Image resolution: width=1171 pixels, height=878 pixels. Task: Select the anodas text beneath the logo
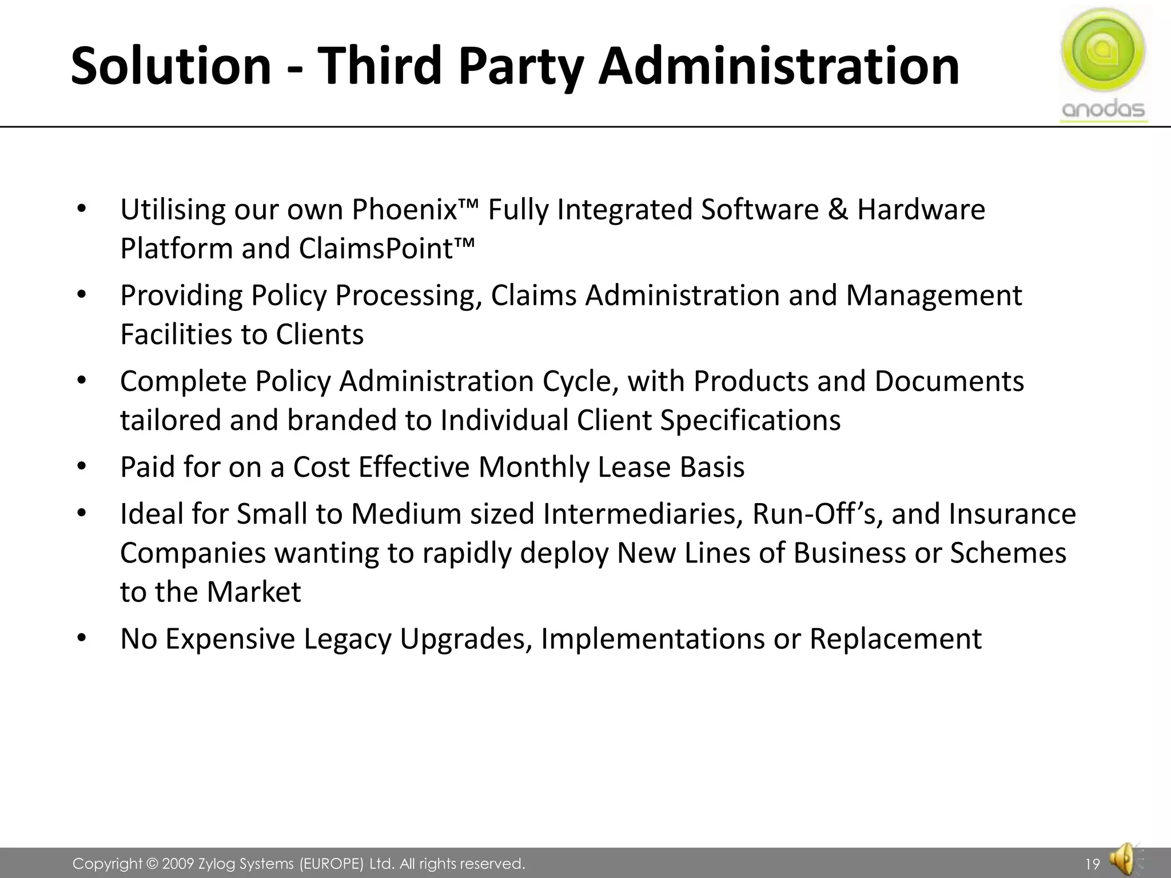coord(1103,109)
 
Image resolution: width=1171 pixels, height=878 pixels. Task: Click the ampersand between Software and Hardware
coord(838,209)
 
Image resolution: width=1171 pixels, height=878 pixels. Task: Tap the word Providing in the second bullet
coord(181,296)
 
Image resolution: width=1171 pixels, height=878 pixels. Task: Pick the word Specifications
coord(750,420)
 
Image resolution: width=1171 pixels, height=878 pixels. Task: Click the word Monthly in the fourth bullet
coord(533,467)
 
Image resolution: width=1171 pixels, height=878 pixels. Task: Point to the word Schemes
coord(1007,553)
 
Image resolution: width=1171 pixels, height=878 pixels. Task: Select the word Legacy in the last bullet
coord(347,638)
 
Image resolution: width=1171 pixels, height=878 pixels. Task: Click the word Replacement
coord(895,638)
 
